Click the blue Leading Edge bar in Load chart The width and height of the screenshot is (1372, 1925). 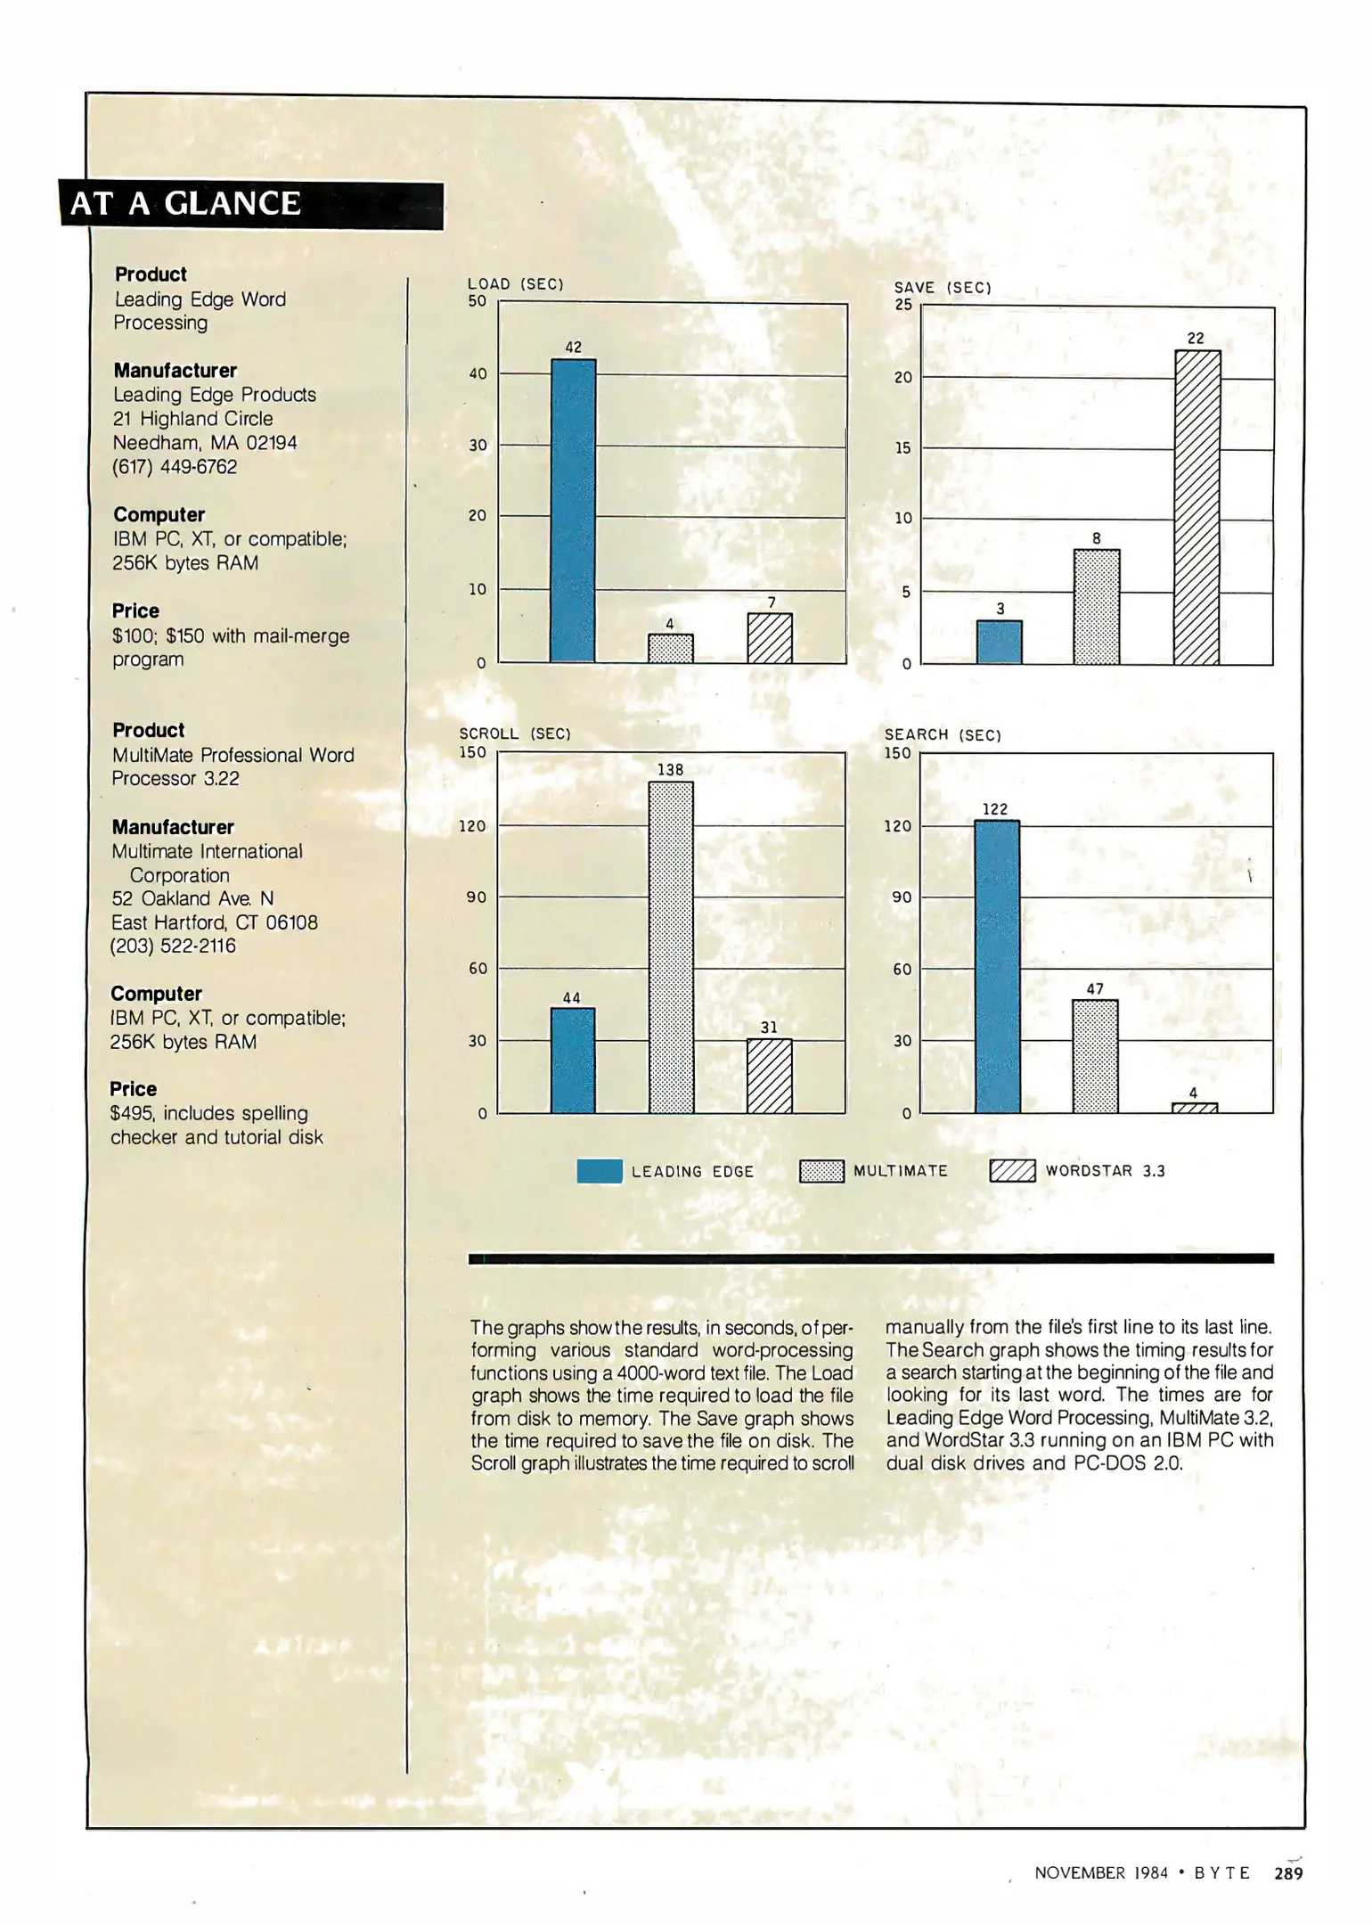pyautogui.click(x=573, y=511)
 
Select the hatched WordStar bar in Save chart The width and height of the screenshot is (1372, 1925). pyautogui.click(x=1196, y=507)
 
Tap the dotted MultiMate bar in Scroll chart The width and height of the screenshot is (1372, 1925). pyautogui.click(x=671, y=946)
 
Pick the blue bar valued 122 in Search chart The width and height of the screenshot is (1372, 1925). pyautogui.click(x=997, y=966)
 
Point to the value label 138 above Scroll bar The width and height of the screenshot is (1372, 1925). pyautogui.click(x=670, y=770)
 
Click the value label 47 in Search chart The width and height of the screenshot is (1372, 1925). pyautogui.click(x=1095, y=988)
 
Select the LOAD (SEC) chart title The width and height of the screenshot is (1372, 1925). pyautogui.click(x=516, y=284)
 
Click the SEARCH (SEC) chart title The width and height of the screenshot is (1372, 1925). pyautogui.click(x=943, y=735)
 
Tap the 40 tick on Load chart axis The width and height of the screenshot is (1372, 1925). pyautogui.click(x=478, y=374)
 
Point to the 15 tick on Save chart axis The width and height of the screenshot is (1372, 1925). pyautogui.click(x=903, y=448)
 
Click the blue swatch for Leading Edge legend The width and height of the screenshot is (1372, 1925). pyautogui.click(x=600, y=1171)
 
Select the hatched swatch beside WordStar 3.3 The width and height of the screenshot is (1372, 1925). pyautogui.click(x=1012, y=1171)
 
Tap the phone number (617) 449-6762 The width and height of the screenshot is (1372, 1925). pyautogui.click(x=175, y=467)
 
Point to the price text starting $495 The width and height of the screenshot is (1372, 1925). pyautogui.click(x=209, y=1114)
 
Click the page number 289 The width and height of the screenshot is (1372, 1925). pyautogui.click(x=1288, y=1873)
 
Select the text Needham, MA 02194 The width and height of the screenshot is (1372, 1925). pyautogui.click(x=205, y=443)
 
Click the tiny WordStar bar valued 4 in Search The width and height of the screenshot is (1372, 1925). pyautogui.click(x=1194, y=1108)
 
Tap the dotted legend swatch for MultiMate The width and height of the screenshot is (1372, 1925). pyautogui.click(x=821, y=1171)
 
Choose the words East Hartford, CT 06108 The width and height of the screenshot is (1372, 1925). pyautogui.click(x=215, y=922)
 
